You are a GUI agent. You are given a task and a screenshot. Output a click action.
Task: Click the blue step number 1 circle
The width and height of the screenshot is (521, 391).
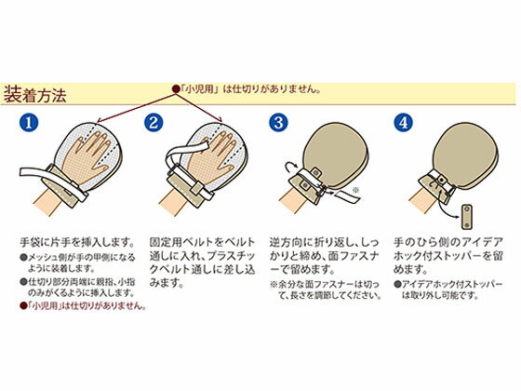pyautogui.click(x=29, y=123)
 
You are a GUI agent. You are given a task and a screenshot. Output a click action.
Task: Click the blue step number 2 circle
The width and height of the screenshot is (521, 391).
pyautogui.click(x=154, y=123)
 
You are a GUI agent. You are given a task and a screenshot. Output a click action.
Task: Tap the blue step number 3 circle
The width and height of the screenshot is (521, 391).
pyautogui.click(x=278, y=123)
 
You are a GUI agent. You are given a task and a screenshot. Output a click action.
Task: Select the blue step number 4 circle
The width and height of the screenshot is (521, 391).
pyautogui.click(x=403, y=123)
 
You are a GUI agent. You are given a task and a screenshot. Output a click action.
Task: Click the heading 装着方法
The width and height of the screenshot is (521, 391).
pyautogui.click(x=35, y=94)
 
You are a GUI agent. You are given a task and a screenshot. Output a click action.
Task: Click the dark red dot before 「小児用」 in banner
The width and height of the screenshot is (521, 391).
pyautogui.click(x=175, y=89)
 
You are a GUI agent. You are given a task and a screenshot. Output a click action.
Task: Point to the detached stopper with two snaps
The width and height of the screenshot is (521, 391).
pyautogui.click(x=466, y=217)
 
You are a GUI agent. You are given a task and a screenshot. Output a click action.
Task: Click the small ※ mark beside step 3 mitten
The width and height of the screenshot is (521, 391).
pyautogui.click(x=355, y=190)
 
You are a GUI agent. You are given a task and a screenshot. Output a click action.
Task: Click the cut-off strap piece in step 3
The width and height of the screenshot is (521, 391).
pyautogui.click(x=346, y=196)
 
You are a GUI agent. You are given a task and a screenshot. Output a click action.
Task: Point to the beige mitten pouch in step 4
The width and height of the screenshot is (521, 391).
pyautogui.click(x=466, y=157)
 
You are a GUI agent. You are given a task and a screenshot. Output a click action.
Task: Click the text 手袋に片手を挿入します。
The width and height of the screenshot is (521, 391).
pyautogui.click(x=77, y=242)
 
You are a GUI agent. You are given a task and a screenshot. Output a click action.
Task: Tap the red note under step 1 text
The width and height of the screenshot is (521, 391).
pyautogui.click(x=83, y=305)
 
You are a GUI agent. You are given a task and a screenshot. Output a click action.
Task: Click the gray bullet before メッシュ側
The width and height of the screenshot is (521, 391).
pyautogui.click(x=23, y=257)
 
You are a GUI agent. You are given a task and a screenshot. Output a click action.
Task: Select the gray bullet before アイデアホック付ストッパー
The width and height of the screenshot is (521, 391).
pyautogui.click(x=396, y=284)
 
